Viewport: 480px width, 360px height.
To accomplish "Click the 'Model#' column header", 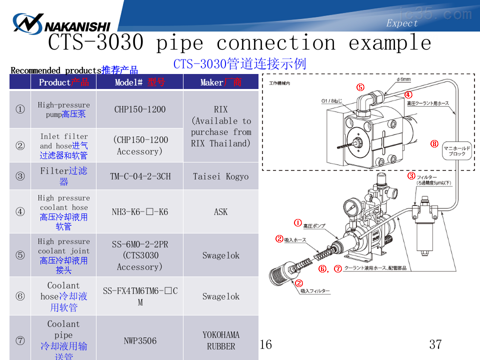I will (x=139, y=82).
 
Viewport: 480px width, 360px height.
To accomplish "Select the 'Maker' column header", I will (x=220, y=82).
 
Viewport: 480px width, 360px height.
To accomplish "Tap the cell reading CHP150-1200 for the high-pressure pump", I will (x=139, y=109).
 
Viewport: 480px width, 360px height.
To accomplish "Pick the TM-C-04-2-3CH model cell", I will (x=139, y=176).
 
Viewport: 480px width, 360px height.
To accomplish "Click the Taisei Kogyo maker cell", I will (x=220, y=176).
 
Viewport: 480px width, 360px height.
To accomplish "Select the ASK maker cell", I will (x=220, y=211).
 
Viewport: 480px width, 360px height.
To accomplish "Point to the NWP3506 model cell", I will (x=139, y=341).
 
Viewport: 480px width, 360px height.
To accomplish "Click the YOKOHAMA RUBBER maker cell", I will (x=220, y=340).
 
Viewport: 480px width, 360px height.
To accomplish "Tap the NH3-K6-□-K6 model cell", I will (x=139, y=211).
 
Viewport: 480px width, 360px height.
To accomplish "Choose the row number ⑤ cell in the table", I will (x=20, y=255).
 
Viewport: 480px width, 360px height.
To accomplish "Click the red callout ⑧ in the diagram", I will (x=434, y=144).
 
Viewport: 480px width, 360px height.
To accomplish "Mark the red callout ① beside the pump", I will (x=297, y=223).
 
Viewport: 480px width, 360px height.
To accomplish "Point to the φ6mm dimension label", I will (x=403, y=79).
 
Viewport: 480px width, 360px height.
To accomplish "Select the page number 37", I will (x=435, y=344).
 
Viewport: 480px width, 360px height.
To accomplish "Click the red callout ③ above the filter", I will (x=411, y=175).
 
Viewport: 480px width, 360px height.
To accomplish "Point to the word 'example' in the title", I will (x=389, y=43).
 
